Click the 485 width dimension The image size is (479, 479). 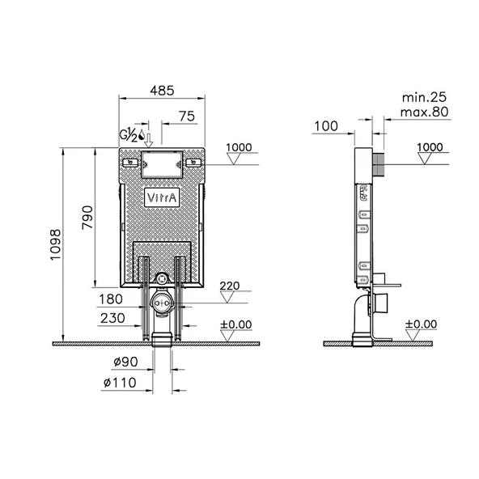162,91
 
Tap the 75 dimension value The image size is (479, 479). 187,117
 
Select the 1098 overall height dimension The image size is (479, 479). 56,244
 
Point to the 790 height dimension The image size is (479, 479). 87,218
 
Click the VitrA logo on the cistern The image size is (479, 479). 162,197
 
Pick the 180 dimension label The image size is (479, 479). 111,299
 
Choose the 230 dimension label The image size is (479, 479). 112,318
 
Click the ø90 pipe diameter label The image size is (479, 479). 125,362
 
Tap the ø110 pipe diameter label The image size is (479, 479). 120,383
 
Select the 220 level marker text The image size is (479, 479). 230,286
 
